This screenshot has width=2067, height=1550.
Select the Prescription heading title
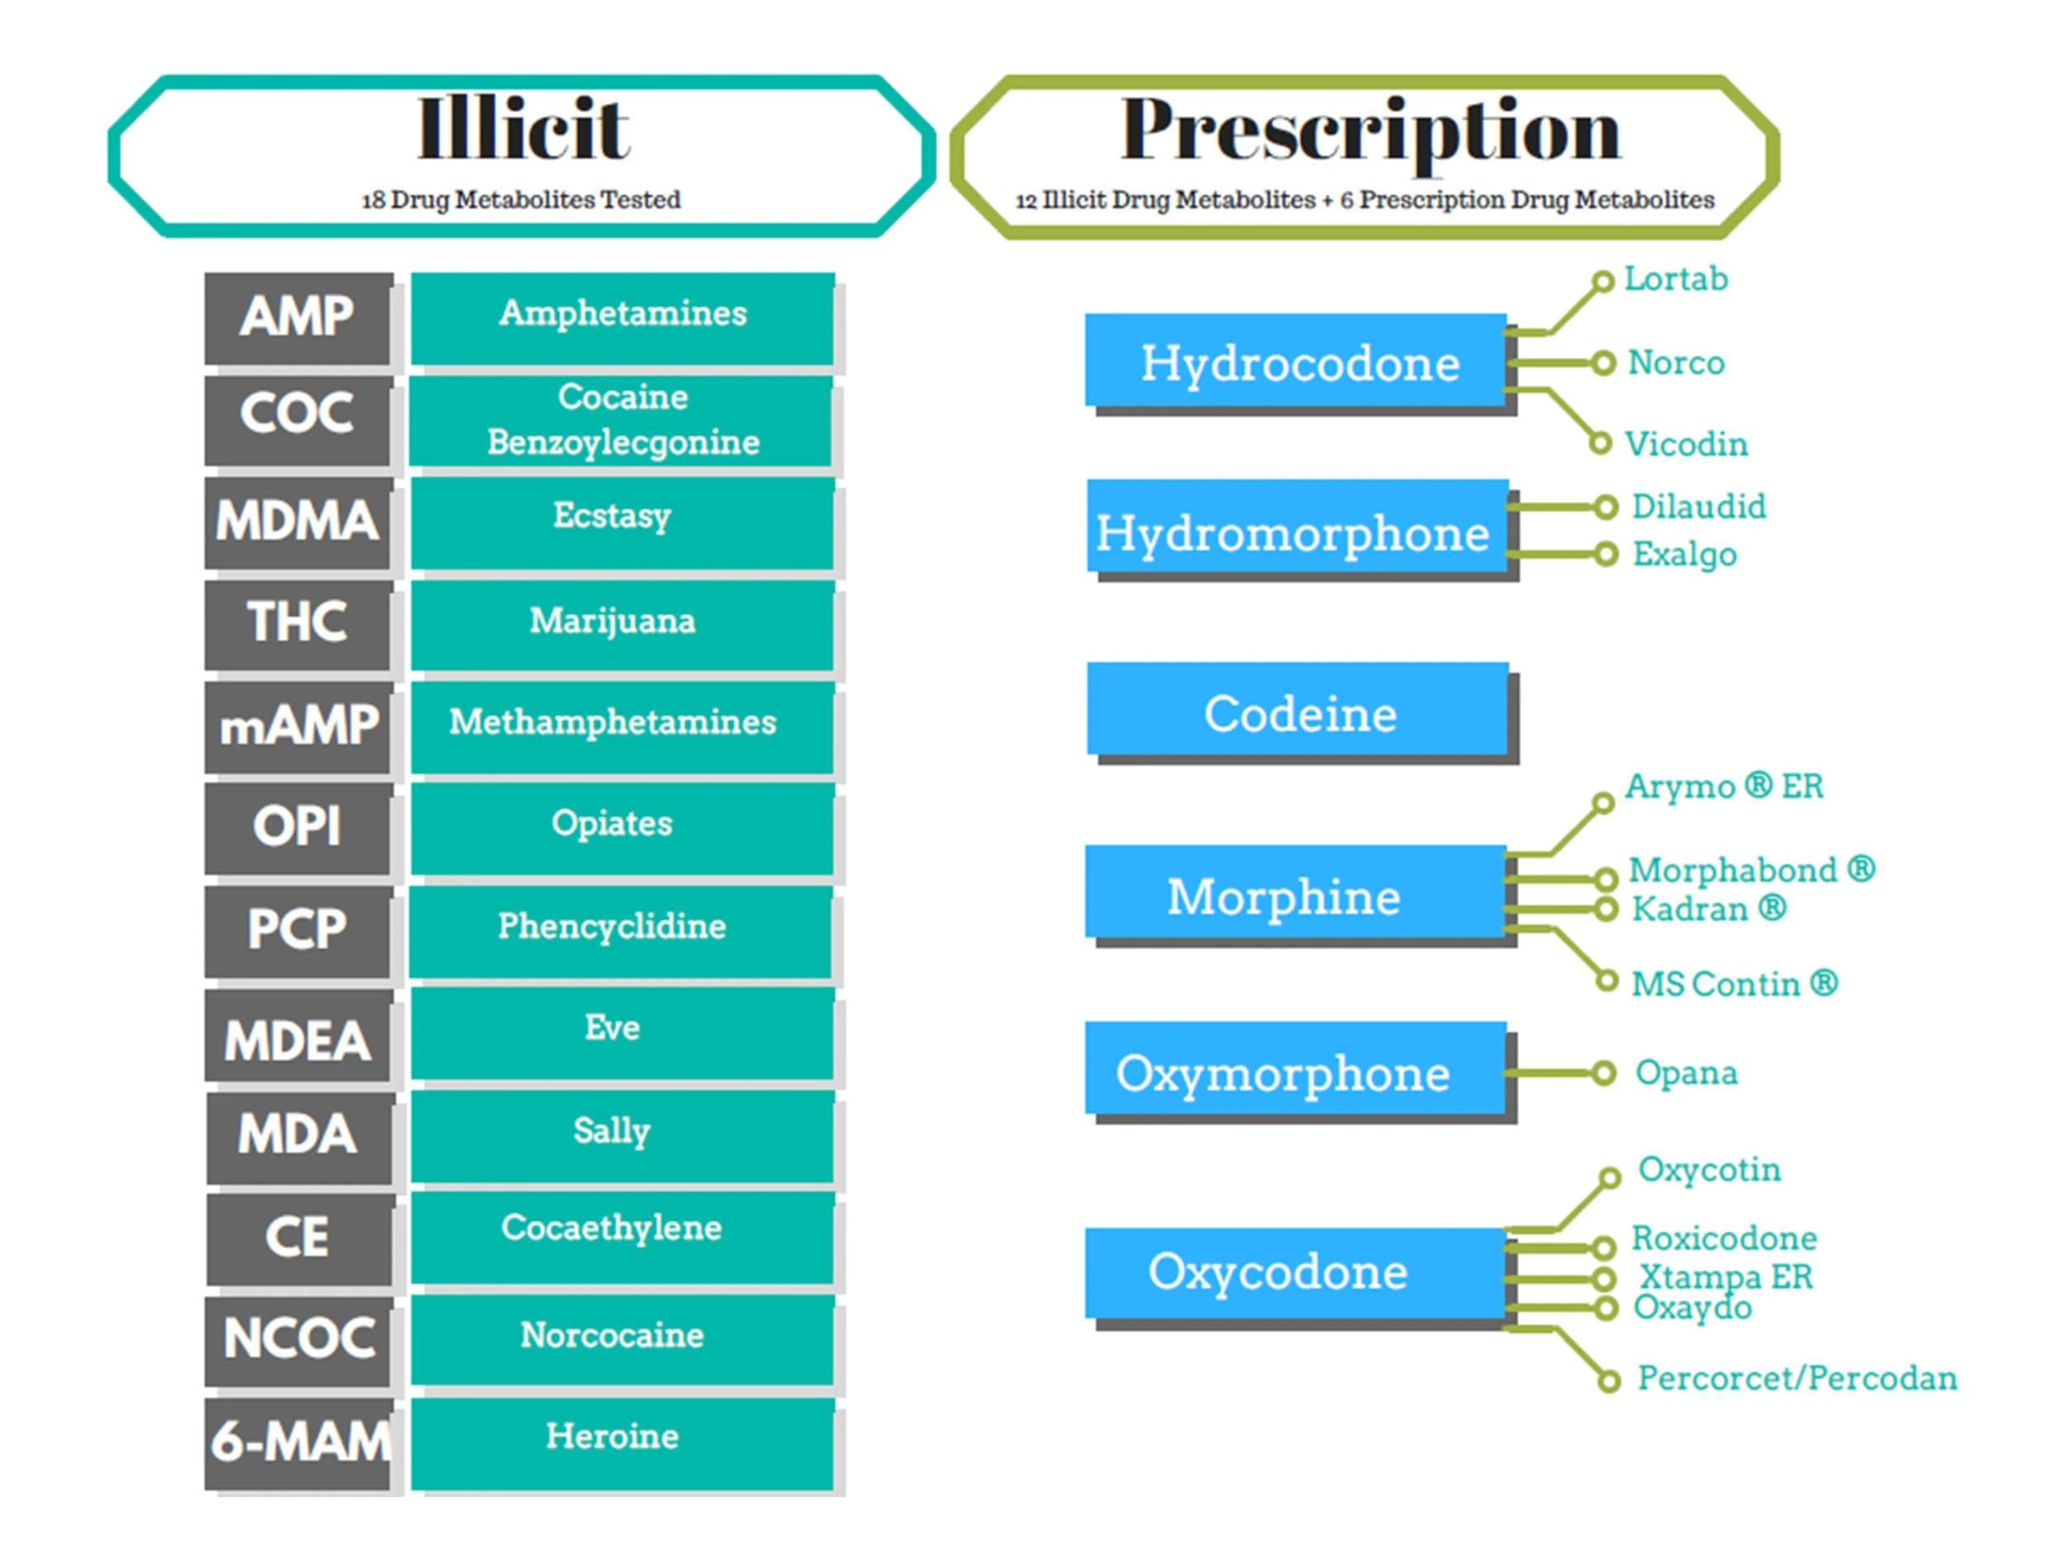pyautogui.click(x=1370, y=132)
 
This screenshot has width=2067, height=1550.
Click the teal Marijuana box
pyautogui.click(x=623, y=623)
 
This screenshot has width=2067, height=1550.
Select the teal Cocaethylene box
pyautogui.click(x=623, y=1236)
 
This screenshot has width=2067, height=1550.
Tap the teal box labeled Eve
pyautogui.click(x=623, y=1033)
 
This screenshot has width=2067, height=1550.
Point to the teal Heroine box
pyautogui.click(x=623, y=1442)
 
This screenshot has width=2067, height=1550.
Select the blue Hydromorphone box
pyautogui.click(x=1297, y=526)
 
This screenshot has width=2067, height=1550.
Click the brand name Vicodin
pyautogui.click(x=1686, y=444)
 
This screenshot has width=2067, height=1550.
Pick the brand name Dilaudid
pyautogui.click(x=1699, y=507)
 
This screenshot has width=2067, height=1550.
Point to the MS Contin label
pyautogui.click(x=1735, y=984)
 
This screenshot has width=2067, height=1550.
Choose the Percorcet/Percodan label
pyautogui.click(x=1797, y=1378)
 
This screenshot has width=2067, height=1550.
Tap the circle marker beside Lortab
pyautogui.click(x=1602, y=281)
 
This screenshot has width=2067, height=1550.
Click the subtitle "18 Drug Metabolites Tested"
pyautogui.click(x=522, y=200)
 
